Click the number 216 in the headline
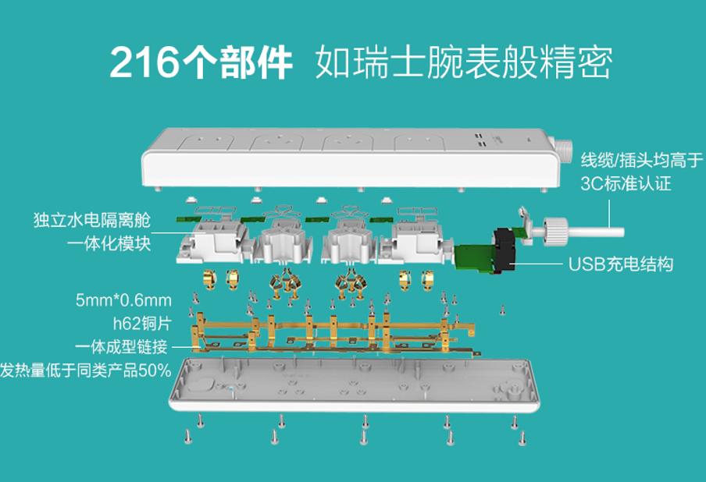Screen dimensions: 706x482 144,62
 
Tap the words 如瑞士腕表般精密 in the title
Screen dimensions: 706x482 463,62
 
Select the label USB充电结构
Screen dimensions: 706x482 621,264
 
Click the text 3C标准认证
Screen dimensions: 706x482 626,183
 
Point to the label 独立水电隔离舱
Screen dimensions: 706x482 92,220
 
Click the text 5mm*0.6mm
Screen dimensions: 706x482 123,300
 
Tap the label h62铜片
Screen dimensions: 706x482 142,323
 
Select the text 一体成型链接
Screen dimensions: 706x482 122,346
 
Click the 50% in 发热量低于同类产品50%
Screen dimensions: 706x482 155,370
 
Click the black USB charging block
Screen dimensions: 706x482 505,250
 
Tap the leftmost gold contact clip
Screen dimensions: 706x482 210,280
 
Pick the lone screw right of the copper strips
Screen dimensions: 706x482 502,310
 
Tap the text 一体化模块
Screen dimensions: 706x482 109,243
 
